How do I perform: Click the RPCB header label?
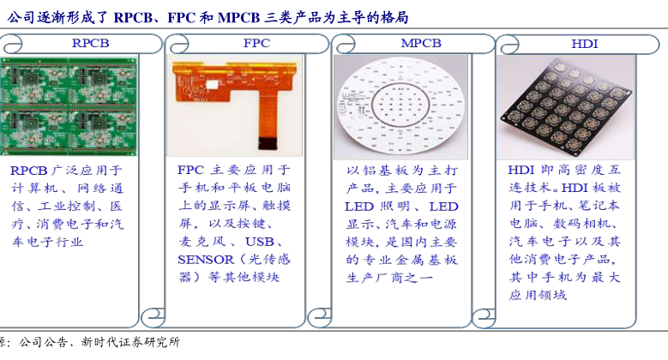pyautogui.click(x=90, y=43)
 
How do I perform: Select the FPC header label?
pyautogui.click(x=256, y=43)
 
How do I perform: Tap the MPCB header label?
pyautogui.click(x=421, y=43)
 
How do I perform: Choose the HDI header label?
pyautogui.click(x=585, y=44)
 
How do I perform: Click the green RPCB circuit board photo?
pyautogui.click(x=69, y=106)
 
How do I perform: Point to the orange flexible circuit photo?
pyautogui.click(x=234, y=105)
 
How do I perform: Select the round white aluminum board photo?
pyautogui.click(x=400, y=107)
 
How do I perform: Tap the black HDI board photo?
pyautogui.click(x=565, y=107)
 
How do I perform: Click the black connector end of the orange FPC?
pyautogui.click(x=268, y=143)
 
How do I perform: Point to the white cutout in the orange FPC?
pyautogui.click(x=213, y=84)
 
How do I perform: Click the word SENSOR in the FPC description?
pyautogui.click(x=206, y=260)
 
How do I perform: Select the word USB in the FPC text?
pyautogui.click(x=260, y=242)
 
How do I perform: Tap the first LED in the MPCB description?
pyautogui.click(x=359, y=207)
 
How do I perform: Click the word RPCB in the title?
pyautogui.click(x=133, y=17)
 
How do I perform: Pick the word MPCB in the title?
pyautogui.click(x=238, y=17)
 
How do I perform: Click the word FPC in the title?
pyautogui.click(x=182, y=17)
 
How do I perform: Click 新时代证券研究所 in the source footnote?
pyautogui.click(x=131, y=342)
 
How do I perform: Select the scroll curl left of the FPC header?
pyautogui.click(x=178, y=44)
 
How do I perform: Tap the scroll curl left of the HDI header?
pyautogui.click(x=509, y=44)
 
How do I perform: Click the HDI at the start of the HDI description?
pyautogui.click(x=521, y=170)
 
